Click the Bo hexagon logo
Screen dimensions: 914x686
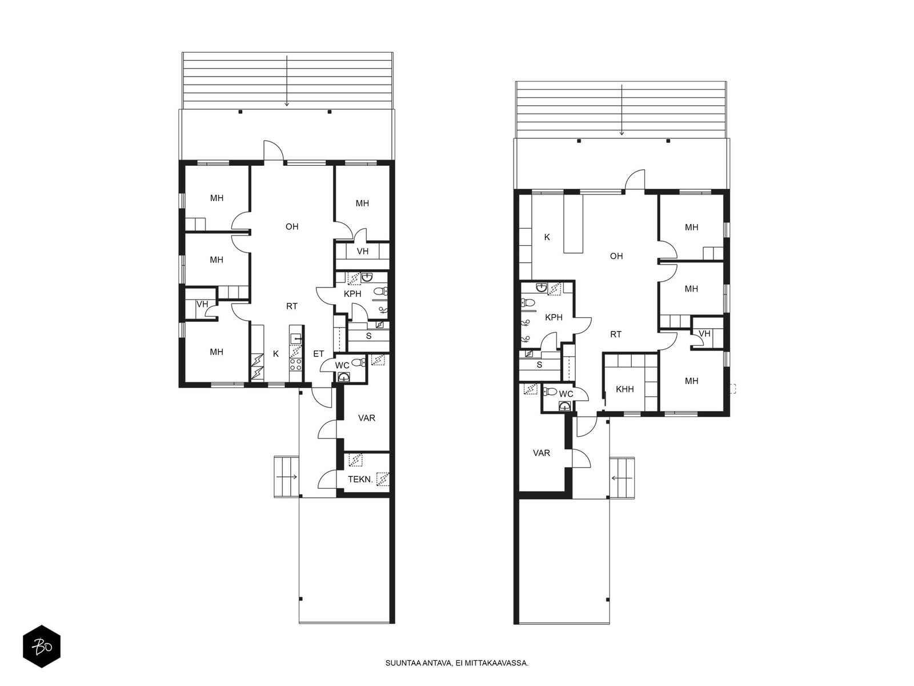(x=42, y=647)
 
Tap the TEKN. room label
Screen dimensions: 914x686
(x=360, y=480)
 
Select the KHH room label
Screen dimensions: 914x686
(x=624, y=389)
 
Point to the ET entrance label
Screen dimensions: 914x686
(x=319, y=354)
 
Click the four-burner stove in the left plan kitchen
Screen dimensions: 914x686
(x=296, y=365)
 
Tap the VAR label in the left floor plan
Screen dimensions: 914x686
(x=366, y=418)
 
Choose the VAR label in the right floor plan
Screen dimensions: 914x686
(x=542, y=453)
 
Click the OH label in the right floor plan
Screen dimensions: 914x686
(x=616, y=256)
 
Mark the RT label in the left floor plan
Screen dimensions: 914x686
(x=292, y=306)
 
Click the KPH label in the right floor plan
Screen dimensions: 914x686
(x=554, y=317)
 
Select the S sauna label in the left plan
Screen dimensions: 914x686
(x=368, y=336)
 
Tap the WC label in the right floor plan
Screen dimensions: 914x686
(x=566, y=394)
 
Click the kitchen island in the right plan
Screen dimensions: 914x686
(x=574, y=224)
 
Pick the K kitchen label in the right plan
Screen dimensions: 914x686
(x=547, y=237)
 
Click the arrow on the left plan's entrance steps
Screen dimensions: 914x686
(x=287, y=477)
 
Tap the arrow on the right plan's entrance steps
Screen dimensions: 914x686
(x=622, y=478)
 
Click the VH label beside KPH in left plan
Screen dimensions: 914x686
(x=362, y=251)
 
